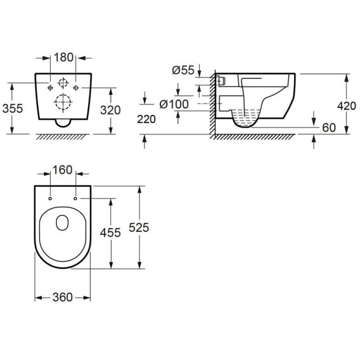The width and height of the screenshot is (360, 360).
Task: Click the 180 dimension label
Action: pos(63,58)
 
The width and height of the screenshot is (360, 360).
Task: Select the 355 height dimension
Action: pos(13,108)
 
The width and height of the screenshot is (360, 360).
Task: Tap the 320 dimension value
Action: pos(110,110)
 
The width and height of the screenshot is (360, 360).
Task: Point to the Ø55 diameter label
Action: pos(183,70)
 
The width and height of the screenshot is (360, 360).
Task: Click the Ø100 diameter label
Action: pos(174,104)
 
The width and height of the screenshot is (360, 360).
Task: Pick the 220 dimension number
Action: pos(146,119)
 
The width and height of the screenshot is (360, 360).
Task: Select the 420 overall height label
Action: pos(347,106)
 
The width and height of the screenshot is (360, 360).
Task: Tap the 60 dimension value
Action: pos(329,127)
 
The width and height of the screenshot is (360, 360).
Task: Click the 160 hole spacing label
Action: pos(63,170)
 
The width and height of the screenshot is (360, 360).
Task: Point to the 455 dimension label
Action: pos(110,233)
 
